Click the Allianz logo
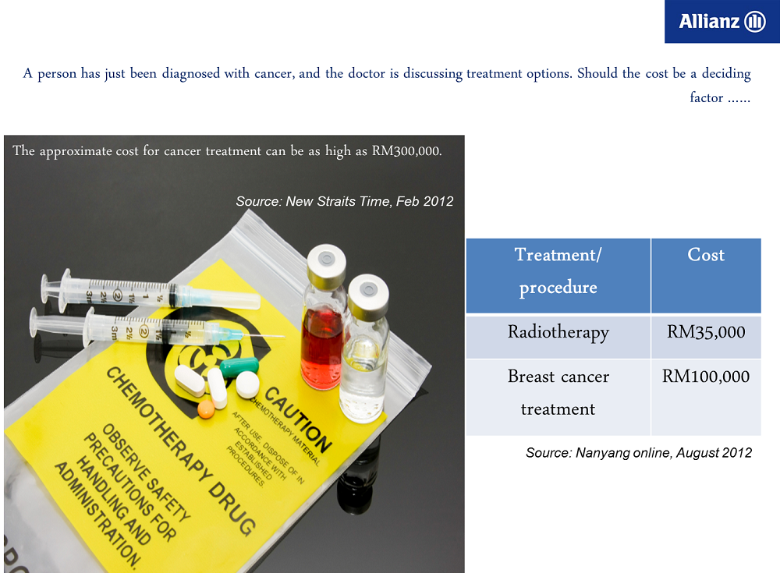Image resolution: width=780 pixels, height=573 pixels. (721, 21)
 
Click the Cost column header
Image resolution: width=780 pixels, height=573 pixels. (706, 275)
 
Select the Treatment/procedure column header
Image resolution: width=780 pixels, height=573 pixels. (558, 275)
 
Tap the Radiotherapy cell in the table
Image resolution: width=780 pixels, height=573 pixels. (558, 337)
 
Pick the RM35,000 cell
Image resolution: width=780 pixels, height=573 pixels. (706, 337)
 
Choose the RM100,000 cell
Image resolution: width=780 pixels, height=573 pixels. (706, 398)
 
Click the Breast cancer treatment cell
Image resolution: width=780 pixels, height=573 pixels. (558, 398)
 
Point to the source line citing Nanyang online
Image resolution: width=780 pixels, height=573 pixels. (639, 453)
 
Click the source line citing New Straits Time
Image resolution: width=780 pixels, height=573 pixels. (344, 201)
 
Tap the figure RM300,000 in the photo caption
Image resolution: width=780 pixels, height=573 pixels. (406, 150)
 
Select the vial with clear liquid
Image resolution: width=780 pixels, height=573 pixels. (364, 348)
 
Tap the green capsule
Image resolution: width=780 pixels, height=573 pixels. (239, 367)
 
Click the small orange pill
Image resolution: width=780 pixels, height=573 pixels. (206, 409)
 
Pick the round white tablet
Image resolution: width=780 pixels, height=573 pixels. (247, 384)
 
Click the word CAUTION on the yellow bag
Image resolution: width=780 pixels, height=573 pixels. (298, 419)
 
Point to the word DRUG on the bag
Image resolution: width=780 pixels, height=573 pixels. (232, 508)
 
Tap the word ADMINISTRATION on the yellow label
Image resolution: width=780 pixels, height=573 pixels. (97, 515)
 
